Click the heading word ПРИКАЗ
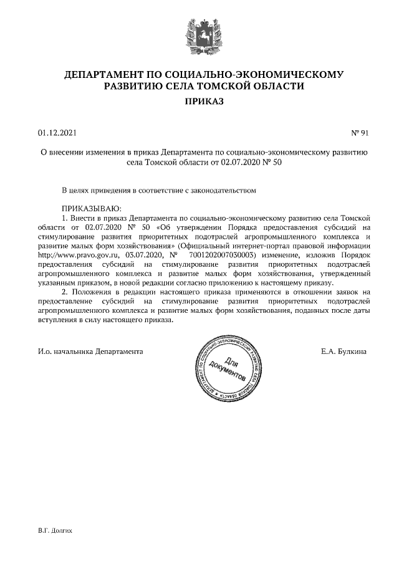(x=200, y=102)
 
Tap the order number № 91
(x=361, y=132)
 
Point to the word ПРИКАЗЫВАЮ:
(x=90, y=208)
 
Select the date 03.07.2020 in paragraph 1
(x=144, y=255)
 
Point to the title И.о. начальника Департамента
(x=90, y=351)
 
